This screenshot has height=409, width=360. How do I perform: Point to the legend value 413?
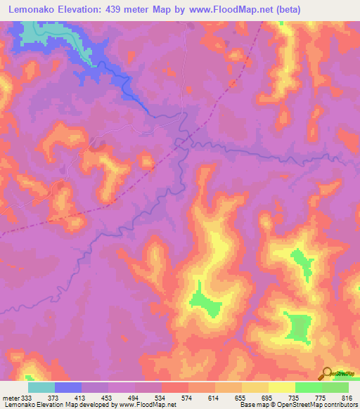coord(83,398)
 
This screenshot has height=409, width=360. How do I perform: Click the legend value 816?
coord(347,398)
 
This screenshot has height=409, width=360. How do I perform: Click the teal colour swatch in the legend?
coord(41,387)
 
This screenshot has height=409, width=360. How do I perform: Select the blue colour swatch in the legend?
coord(68,387)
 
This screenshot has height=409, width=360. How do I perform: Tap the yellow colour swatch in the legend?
coord(281,387)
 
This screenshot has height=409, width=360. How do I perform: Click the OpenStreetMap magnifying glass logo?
coord(328,374)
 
